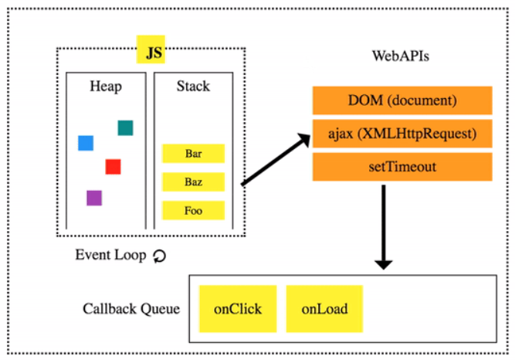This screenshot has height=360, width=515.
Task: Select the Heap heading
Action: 105,86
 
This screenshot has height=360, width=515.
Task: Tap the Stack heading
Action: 192,86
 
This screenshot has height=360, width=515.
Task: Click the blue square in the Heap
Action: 86,143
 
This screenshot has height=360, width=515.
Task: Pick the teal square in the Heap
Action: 125,127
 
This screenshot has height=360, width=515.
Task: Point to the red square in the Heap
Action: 113,166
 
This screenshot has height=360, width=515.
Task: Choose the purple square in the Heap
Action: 94,198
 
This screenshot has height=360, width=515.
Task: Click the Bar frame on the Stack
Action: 193,154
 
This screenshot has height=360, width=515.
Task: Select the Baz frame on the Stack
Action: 193,182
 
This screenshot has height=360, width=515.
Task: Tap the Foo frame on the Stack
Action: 193,210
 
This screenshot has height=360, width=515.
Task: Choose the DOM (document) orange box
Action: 401,100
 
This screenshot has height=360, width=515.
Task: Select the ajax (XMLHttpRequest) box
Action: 401,133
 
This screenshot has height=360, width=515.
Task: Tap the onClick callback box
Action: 237,309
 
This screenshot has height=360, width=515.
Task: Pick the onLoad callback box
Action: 324,309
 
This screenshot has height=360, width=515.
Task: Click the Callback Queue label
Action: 131,309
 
